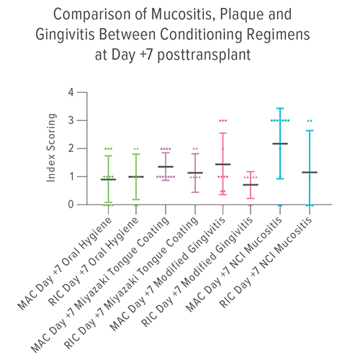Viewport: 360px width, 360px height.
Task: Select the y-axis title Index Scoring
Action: click(x=53, y=148)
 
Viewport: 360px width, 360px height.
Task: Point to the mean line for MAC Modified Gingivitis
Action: click(x=222, y=164)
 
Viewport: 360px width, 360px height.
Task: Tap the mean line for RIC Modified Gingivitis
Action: click(x=251, y=184)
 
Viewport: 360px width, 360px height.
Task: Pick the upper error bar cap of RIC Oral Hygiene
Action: click(x=137, y=154)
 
